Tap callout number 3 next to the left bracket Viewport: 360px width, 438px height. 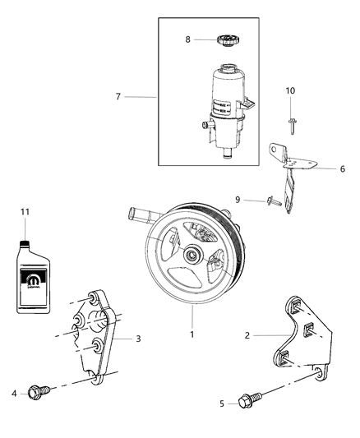(x=138, y=337)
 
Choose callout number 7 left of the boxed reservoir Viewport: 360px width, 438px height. (x=119, y=97)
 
